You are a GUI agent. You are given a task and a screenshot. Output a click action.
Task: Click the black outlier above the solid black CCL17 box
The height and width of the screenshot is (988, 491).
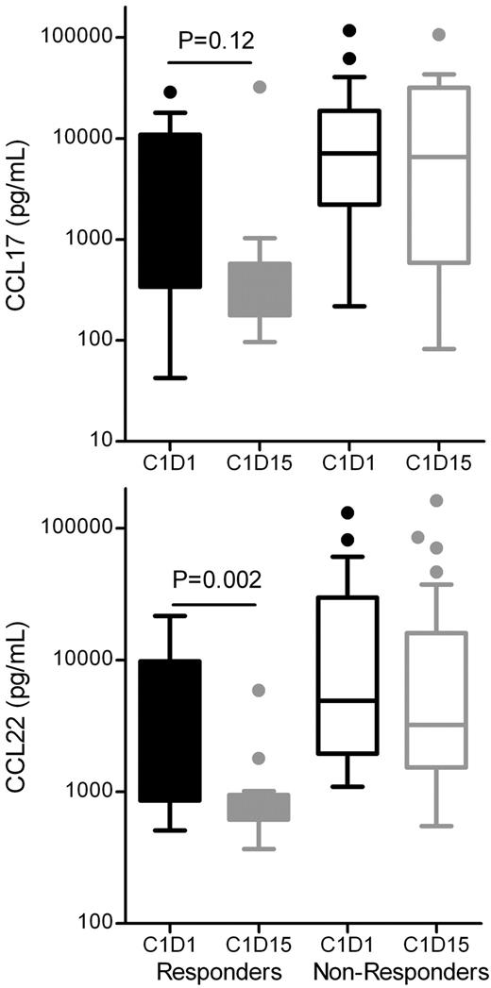[169, 92]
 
